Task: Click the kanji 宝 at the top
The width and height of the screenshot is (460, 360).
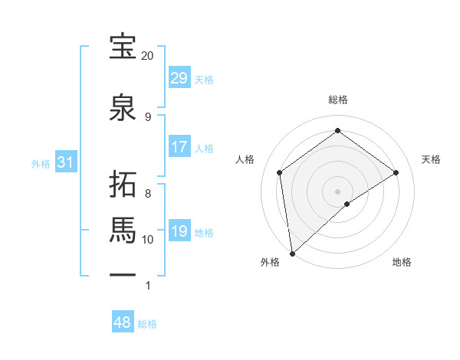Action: pyautogui.click(x=123, y=47)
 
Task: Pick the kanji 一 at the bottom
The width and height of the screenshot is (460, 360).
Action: pyautogui.click(x=123, y=274)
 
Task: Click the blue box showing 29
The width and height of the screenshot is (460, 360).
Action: pyautogui.click(x=179, y=78)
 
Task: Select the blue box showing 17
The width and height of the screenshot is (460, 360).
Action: pyautogui.click(x=179, y=147)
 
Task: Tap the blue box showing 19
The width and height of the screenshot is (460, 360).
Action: pyautogui.click(x=179, y=231)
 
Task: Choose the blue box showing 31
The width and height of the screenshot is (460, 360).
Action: pyautogui.click(x=65, y=163)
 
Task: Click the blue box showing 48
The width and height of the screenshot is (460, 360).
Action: pyautogui.click(x=123, y=322)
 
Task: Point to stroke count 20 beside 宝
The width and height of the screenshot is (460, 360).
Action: pyautogui.click(x=147, y=56)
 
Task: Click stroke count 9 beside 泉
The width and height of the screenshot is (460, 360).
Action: pyautogui.click(x=147, y=116)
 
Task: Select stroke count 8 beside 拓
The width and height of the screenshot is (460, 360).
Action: pyautogui.click(x=147, y=193)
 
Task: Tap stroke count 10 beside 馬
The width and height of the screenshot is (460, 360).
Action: pyautogui.click(x=147, y=240)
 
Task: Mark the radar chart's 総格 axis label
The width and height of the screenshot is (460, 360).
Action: pyautogui.click(x=337, y=100)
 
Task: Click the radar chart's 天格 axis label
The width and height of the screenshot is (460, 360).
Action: pyautogui.click(x=431, y=159)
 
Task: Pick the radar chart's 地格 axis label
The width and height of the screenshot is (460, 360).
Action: pyautogui.click(x=402, y=262)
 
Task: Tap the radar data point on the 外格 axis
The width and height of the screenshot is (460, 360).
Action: pyautogui.click(x=291, y=253)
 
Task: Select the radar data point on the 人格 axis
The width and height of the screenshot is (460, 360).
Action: pyautogui.click(x=280, y=172)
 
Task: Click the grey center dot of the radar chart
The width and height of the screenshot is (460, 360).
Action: pyautogui.click(x=337, y=190)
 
